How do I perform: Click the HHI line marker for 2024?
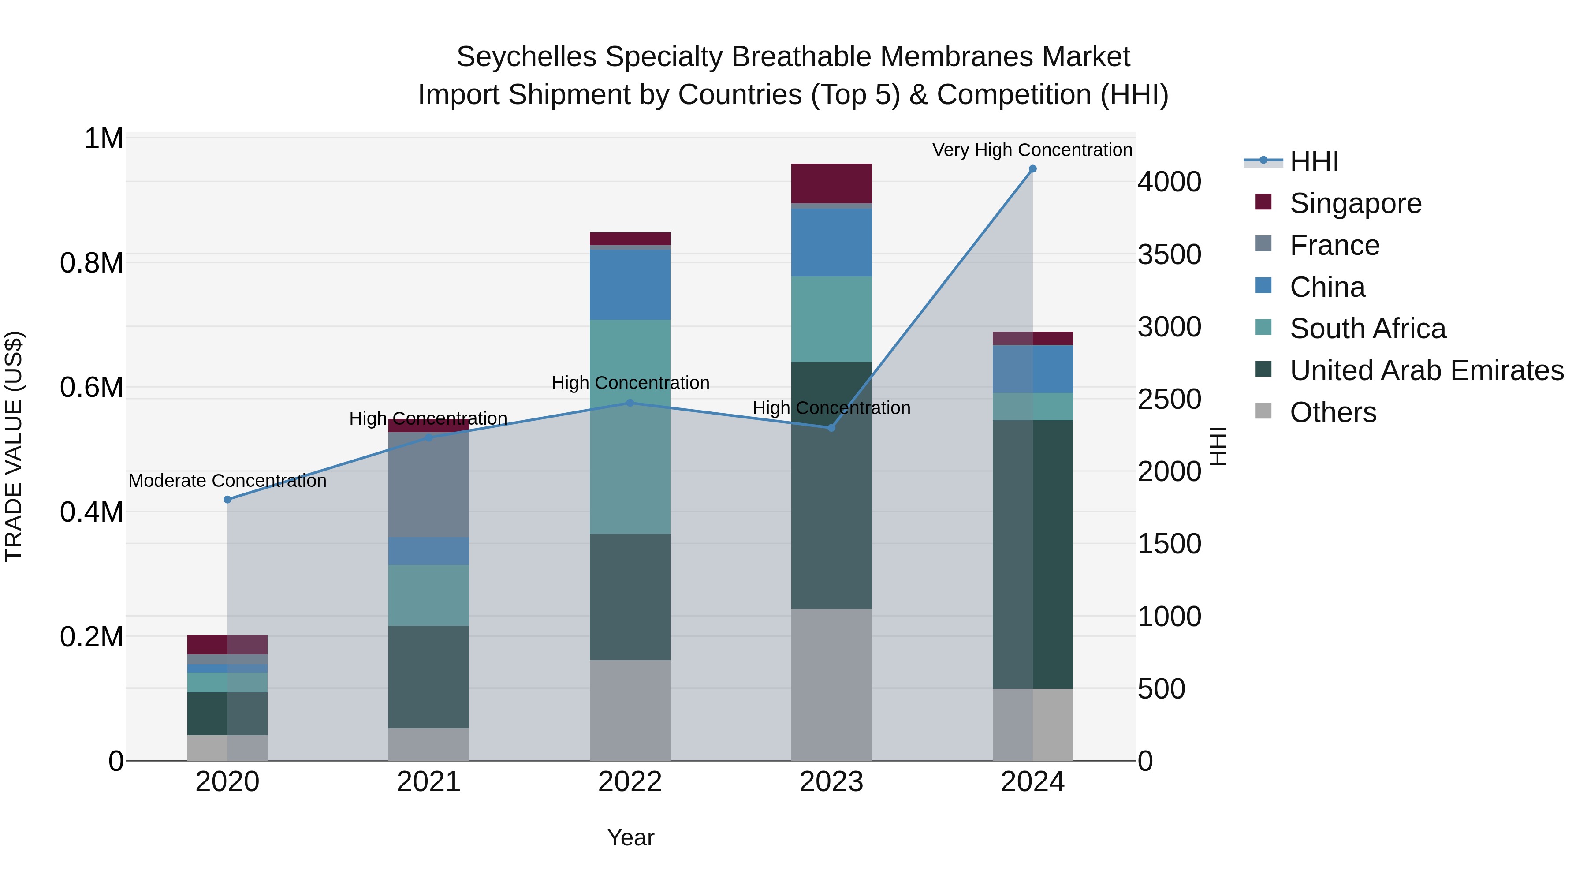pyautogui.click(x=1032, y=169)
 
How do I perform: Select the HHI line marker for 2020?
pyautogui.click(x=227, y=500)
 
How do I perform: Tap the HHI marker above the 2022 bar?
pyautogui.click(x=630, y=403)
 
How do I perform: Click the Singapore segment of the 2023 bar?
pyautogui.click(x=831, y=183)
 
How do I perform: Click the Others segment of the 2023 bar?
pyautogui.click(x=831, y=684)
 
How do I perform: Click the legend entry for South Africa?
pyautogui.click(x=1367, y=329)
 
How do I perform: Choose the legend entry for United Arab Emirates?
pyautogui.click(x=1426, y=370)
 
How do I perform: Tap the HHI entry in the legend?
pyautogui.click(x=1314, y=161)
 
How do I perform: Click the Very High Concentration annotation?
pyautogui.click(x=1032, y=150)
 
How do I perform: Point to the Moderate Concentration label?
pyautogui.click(x=227, y=481)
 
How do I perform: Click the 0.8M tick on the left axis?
pyautogui.click(x=92, y=263)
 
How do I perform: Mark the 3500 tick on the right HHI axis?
pyautogui.click(x=1169, y=254)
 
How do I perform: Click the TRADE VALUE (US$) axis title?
pyautogui.click(x=14, y=446)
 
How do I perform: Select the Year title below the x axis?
pyautogui.click(x=630, y=837)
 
